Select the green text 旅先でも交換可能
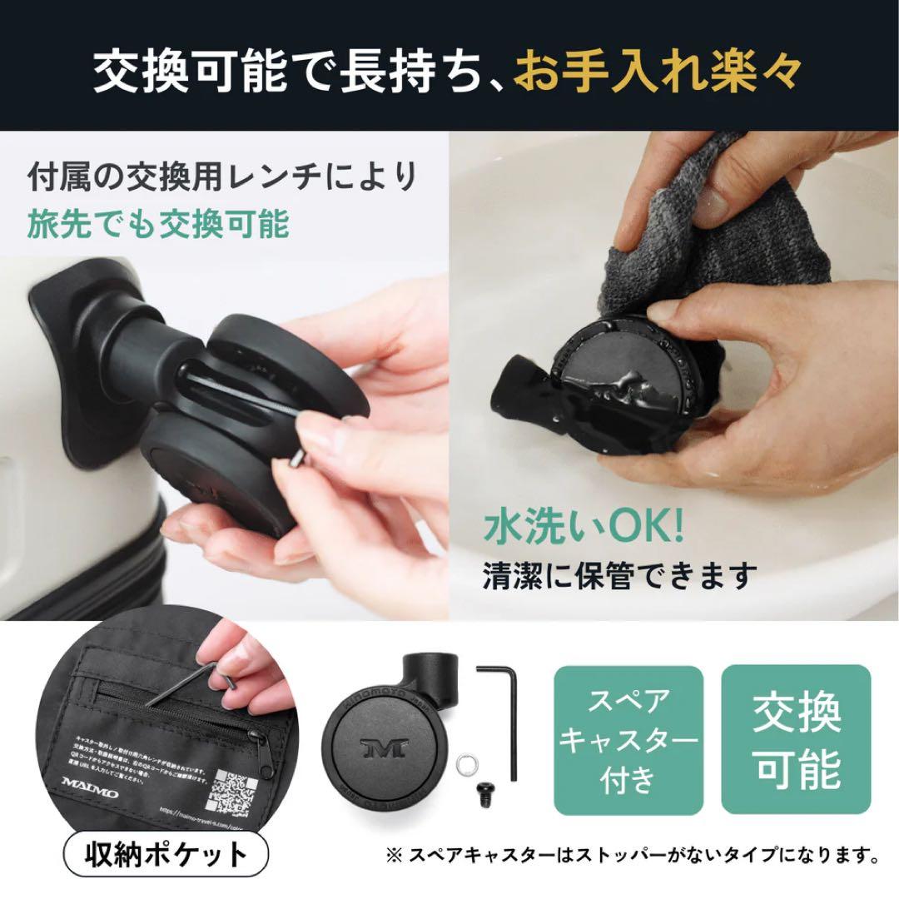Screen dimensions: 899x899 [158, 223]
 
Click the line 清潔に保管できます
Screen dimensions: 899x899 [620, 574]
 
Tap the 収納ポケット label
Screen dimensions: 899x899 [166, 855]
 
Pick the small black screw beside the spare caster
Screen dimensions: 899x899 [483, 790]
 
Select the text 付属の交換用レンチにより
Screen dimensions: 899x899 [221, 177]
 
